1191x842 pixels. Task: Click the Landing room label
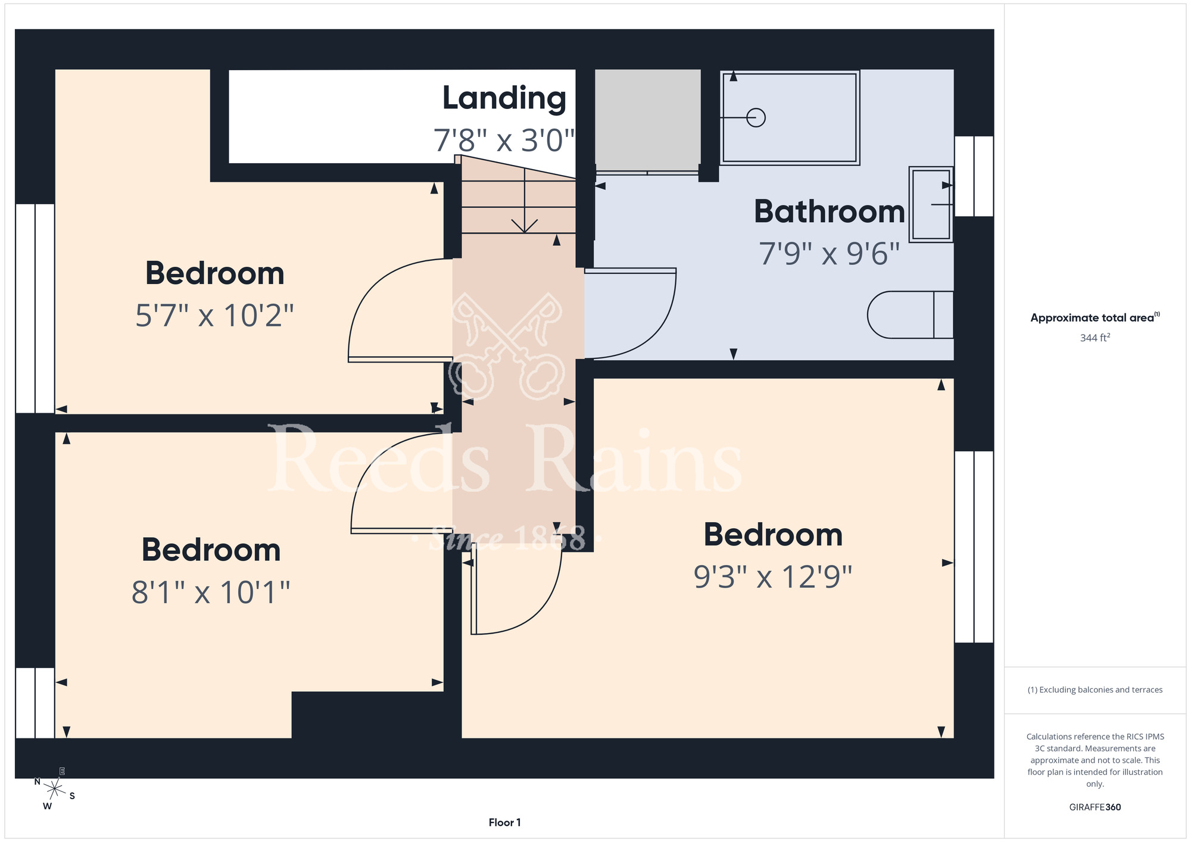(x=504, y=99)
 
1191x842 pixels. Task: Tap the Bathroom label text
(x=830, y=211)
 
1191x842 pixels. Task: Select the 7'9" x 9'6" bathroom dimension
(x=829, y=254)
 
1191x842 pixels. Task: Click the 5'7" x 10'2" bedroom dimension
(x=214, y=316)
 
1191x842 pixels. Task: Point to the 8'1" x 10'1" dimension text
(x=211, y=592)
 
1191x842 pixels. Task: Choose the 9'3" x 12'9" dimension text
(x=773, y=577)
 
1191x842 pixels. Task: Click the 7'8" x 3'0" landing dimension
(x=504, y=141)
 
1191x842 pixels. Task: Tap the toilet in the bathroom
(x=910, y=315)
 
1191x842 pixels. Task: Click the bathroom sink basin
(x=931, y=204)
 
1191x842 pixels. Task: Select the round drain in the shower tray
(x=756, y=118)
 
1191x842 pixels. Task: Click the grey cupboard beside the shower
(x=648, y=120)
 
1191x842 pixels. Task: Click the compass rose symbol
(x=55, y=790)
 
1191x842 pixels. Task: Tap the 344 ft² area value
(x=1095, y=338)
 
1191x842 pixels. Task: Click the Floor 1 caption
(x=504, y=822)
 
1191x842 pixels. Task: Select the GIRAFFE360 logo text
(x=1095, y=807)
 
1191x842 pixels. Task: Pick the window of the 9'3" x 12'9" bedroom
(x=974, y=547)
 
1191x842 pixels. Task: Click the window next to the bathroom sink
(x=974, y=176)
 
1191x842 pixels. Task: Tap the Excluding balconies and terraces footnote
(x=1095, y=690)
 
